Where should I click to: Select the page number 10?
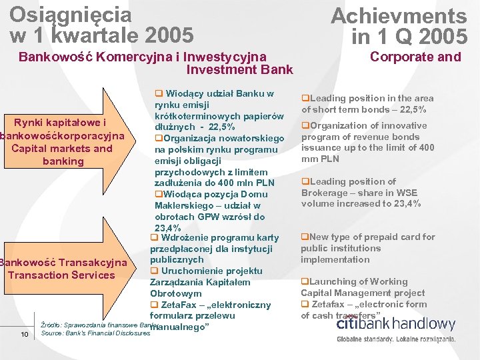tap(24, 334)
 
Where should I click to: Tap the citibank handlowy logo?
tap(396, 325)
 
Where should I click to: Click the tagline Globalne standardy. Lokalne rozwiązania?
tap(396, 339)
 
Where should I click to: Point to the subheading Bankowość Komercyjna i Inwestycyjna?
tap(142, 57)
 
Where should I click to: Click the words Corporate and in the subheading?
tap(415, 57)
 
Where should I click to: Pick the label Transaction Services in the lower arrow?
tap(61, 275)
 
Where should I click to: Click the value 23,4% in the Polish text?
tap(167, 228)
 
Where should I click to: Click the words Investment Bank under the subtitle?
tap(239, 69)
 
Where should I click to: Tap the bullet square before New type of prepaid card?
tap(304, 237)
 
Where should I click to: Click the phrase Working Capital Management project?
tap(363, 293)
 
